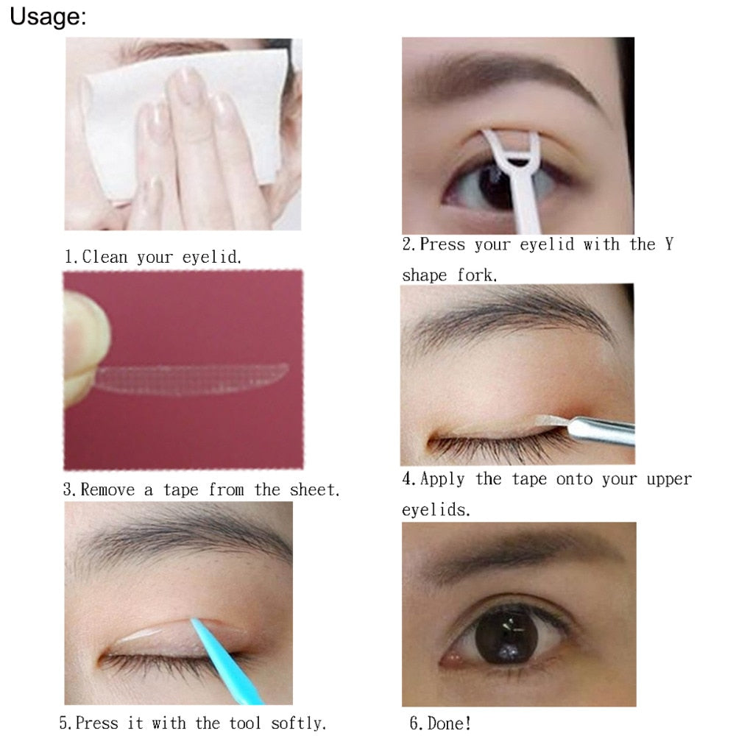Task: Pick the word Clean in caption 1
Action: (106, 258)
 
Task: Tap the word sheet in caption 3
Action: (310, 489)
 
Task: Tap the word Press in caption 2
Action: (445, 245)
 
